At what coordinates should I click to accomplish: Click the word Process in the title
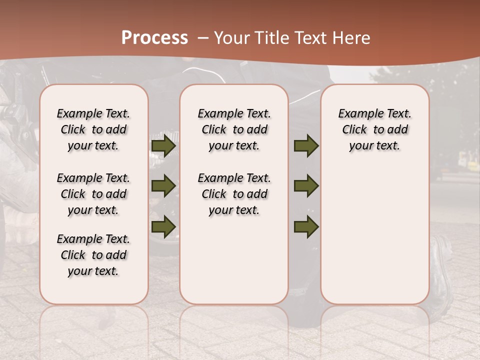tap(154, 38)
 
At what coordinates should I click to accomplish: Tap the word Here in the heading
tap(352, 38)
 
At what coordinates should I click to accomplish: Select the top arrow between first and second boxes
tap(163, 146)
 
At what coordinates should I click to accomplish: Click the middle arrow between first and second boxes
tap(163, 186)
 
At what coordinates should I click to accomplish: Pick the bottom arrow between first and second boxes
tap(163, 226)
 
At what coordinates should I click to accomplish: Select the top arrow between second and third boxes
tap(306, 146)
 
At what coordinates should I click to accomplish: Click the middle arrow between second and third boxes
tap(306, 186)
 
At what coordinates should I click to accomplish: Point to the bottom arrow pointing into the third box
tap(306, 226)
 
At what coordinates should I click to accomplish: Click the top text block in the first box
tap(93, 129)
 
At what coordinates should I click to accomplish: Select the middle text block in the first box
tap(93, 194)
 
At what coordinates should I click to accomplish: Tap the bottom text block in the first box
tap(93, 255)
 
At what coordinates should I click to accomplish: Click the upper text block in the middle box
tap(234, 129)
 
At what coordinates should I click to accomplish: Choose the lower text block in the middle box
tap(234, 194)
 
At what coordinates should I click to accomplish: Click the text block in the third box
tap(375, 129)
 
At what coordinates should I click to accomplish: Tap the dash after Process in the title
tap(202, 38)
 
